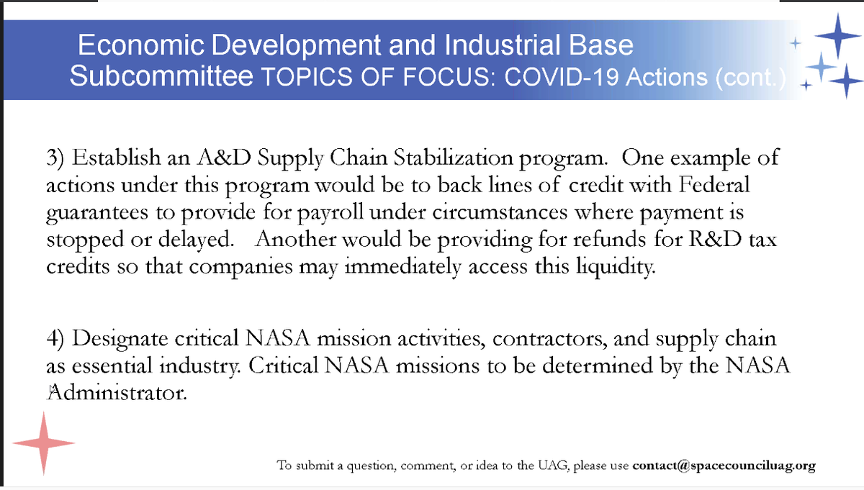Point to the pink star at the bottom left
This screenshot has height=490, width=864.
click(44, 443)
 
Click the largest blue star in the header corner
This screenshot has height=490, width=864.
click(837, 35)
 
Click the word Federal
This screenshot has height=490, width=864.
click(708, 186)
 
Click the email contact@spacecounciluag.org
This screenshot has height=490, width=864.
click(724, 466)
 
